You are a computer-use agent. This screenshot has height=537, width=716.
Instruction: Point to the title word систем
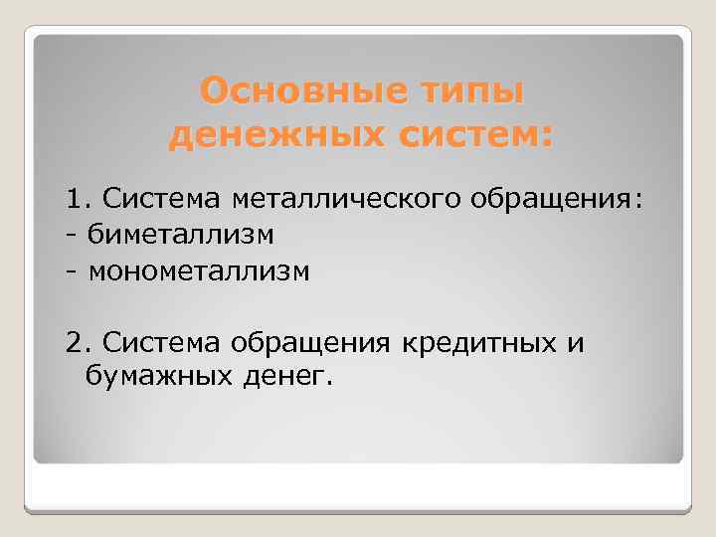(x=471, y=134)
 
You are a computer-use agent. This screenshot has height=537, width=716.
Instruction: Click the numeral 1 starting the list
(x=73, y=201)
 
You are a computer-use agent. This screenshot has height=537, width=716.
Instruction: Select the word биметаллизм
(x=180, y=236)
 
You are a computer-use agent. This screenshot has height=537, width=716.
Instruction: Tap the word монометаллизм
(x=199, y=270)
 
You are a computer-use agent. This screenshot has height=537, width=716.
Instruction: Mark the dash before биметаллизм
(x=72, y=237)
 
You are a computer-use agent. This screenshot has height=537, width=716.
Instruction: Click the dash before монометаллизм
(x=72, y=271)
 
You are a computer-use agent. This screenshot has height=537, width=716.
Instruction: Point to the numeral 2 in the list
(x=73, y=343)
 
